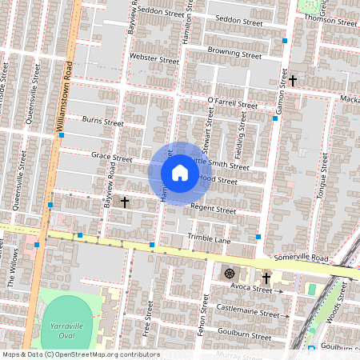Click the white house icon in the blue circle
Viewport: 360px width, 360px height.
(180, 173)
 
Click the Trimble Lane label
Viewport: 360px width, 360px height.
(208, 238)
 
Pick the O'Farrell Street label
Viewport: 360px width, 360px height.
(232, 102)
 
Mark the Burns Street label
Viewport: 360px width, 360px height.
(103, 122)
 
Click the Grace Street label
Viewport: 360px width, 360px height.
(111, 157)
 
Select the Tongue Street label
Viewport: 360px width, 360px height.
(324, 185)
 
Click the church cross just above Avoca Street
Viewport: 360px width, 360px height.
(266, 278)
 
